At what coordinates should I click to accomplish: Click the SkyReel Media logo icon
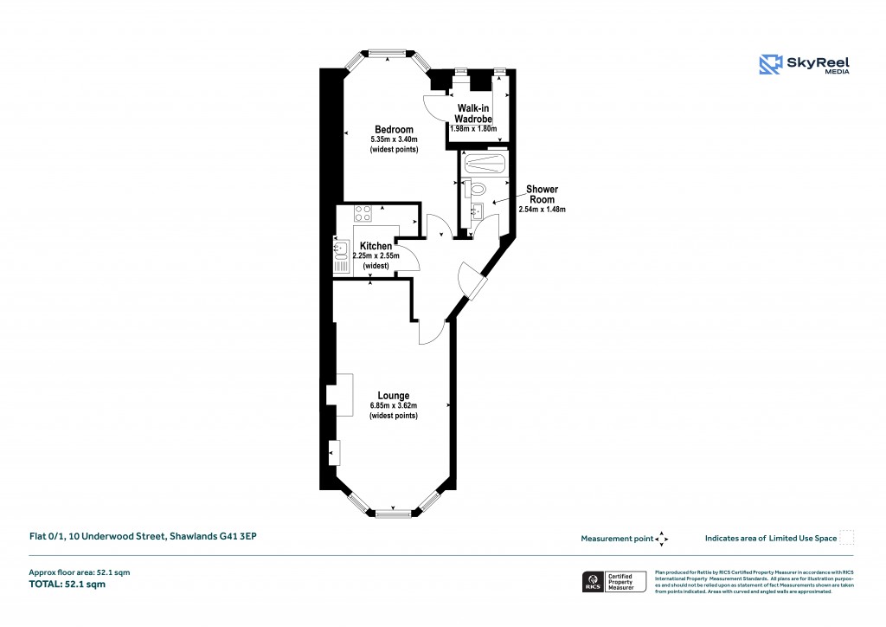pyautogui.click(x=771, y=64)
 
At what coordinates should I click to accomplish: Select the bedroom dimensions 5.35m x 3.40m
pyautogui.click(x=394, y=139)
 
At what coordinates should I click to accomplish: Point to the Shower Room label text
pyautogui.click(x=543, y=194)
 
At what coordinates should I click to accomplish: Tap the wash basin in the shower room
pyautogui.click(x=476, y=210)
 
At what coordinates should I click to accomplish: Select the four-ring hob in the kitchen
pyautogui.click(x=363, y=212)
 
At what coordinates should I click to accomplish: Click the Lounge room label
pyautogui.click(x=393, y=396)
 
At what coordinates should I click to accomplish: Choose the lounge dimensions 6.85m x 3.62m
pyautogui.click(x=393, y=405)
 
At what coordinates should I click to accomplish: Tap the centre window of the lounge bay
pyautogui.click(x=392, y=514)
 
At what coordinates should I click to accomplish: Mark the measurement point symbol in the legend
pyautogui.click(x=662, y=538)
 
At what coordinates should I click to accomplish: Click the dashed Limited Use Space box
pyautogui.click(x=847, y=538)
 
